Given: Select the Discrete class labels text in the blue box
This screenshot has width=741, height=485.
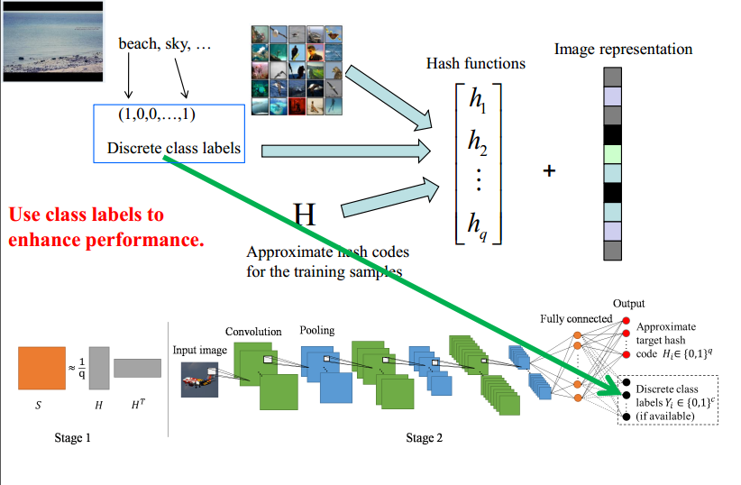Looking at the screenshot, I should (174, 148).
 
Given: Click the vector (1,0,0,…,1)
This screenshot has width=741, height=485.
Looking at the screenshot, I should (157, 114).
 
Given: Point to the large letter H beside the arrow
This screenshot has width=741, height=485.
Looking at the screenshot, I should (306, 214).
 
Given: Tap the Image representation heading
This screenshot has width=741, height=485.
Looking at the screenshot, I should (623, 49).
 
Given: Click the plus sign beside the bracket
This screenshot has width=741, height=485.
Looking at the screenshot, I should (548, 169).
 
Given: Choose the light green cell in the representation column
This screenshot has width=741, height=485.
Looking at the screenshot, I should (613, 153).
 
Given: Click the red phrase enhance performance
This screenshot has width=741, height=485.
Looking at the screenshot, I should (106, 241).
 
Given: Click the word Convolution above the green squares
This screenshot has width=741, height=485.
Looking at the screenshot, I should (253, 332).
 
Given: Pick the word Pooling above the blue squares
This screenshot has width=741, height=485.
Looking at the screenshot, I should (317, 330).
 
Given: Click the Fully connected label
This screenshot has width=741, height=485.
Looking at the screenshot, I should (576, 318).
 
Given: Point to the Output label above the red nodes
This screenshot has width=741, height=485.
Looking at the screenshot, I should (628, 304).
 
